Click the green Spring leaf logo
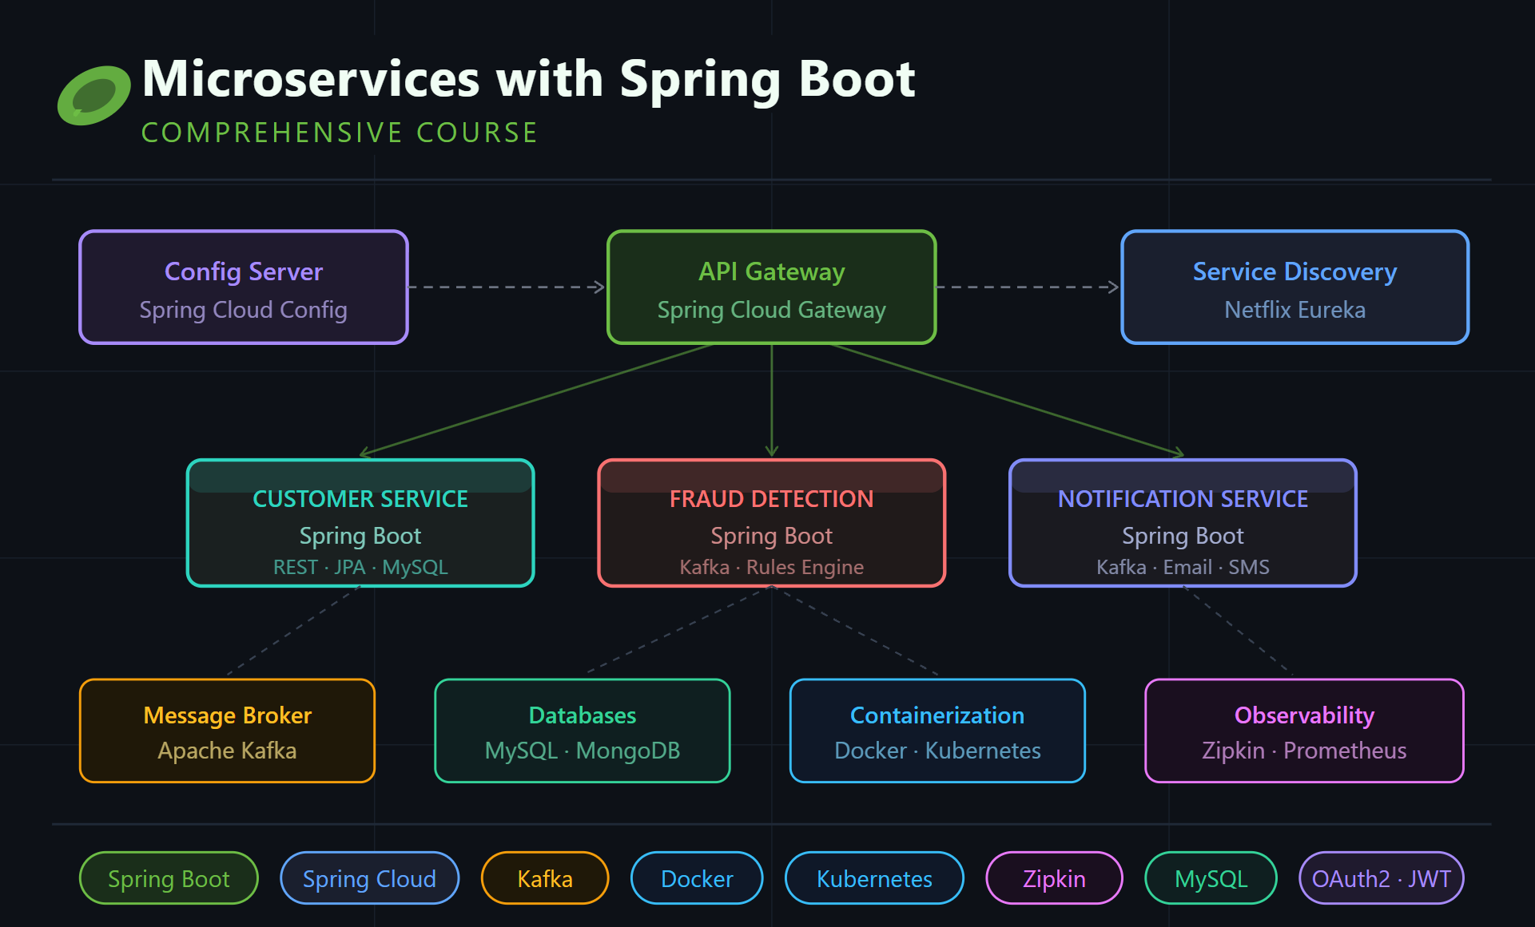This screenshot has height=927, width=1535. (93, 96)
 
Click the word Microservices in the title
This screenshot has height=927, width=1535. (311, 79)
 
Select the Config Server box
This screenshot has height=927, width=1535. (244, 287)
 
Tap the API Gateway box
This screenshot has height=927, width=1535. (772, 287)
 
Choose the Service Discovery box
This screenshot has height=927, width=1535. (1294, 287)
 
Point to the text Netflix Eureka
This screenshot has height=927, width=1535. (1294, 310)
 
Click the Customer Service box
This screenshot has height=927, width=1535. (360, 523)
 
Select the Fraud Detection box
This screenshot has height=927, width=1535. (772, 523)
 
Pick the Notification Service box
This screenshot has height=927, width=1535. (1183, 523)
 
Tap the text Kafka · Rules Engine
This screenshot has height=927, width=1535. (772, 567)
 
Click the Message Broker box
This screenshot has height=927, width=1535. (228, 731)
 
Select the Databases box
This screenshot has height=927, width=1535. (583, 731)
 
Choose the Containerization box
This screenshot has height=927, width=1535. (937, 731)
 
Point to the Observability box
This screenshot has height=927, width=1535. (1304, 731)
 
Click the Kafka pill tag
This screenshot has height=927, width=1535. (545, 878)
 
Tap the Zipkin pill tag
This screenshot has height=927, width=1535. (1054, 878)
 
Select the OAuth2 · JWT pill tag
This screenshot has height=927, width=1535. (1382, 878)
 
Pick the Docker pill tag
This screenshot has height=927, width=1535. (697, 878)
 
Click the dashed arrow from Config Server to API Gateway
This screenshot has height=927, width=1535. (507, 287)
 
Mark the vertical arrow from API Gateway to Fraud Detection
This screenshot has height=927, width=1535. (772, 401)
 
